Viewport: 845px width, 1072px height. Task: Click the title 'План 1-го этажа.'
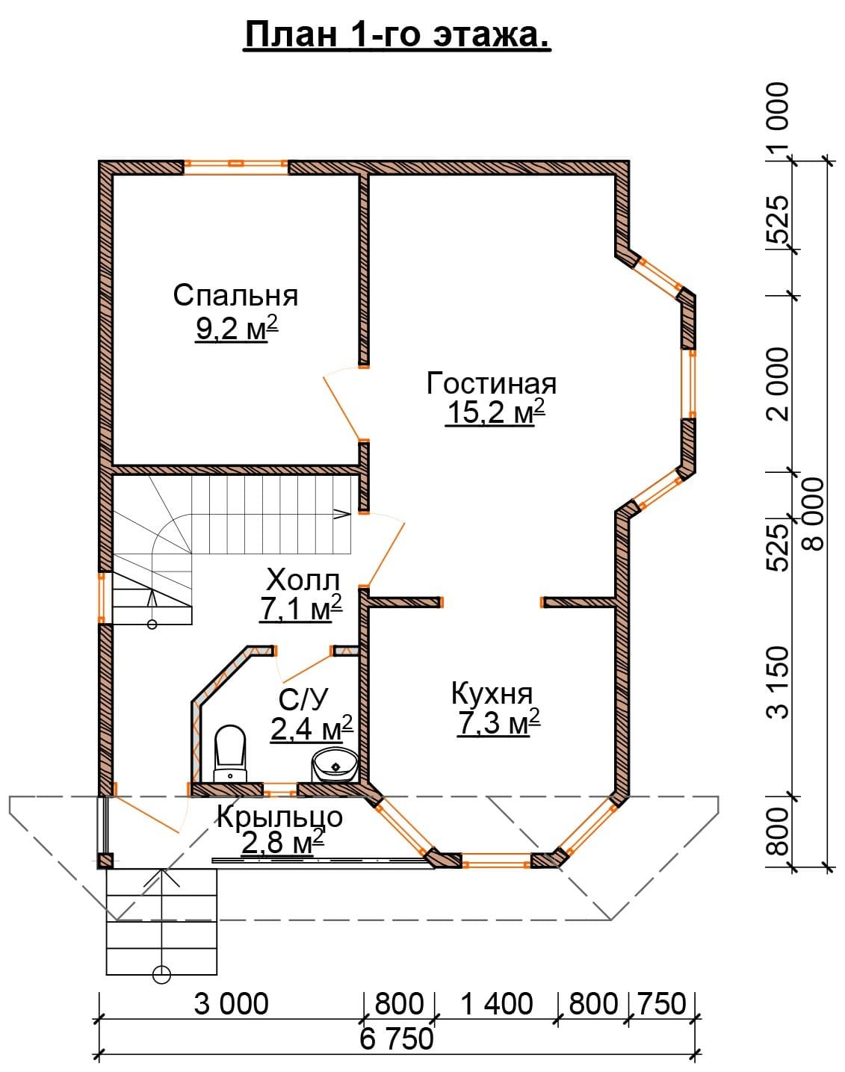pos(397,35)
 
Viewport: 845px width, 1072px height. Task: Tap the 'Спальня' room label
pos(235,295)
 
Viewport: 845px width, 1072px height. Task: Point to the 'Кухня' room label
pos(492,693)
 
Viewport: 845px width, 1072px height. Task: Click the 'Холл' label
pos(303,580)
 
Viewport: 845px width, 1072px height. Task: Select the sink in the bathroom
pos(335,766)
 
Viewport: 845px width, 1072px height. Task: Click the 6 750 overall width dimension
pos(397,1040)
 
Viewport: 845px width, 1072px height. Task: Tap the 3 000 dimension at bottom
pos(231,1004)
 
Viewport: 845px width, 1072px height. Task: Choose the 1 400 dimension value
pos(498,1004)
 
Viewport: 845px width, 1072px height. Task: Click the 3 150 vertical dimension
pos(779,683)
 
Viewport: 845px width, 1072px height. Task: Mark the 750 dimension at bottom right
pos(662,1004)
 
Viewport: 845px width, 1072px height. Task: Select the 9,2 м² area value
pos(236,327)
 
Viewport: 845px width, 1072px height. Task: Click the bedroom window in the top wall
pos(236,167)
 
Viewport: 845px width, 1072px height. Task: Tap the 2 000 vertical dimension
pos(779,384)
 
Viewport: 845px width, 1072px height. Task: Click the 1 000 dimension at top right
pos(779,120)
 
